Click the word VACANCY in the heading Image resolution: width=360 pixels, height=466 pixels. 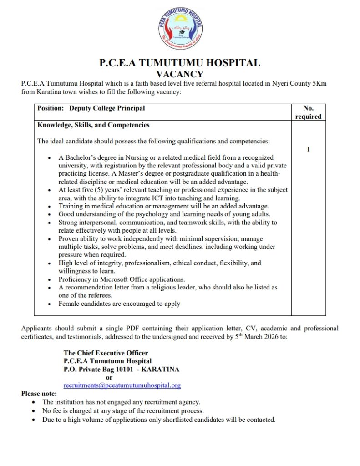(x=180, y=74)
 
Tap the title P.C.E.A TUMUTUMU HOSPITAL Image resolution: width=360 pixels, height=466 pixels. (x=180, y=63)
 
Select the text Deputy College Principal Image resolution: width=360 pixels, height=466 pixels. (x=107, y=108)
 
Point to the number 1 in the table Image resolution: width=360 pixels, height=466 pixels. (x=309, y=149)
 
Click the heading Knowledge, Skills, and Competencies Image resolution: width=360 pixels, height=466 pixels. (x=93, y=125)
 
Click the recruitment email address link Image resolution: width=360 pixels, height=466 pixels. (x=122, y=385)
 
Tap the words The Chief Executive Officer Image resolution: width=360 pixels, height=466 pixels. (x=106, y=353)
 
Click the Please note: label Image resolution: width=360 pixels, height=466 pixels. (x=39, y=394)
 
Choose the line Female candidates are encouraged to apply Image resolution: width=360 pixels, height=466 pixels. (x=119, y=304)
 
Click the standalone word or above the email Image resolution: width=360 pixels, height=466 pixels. (x=109, y=377)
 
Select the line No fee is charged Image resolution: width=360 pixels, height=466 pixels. (x=123, y=410)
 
